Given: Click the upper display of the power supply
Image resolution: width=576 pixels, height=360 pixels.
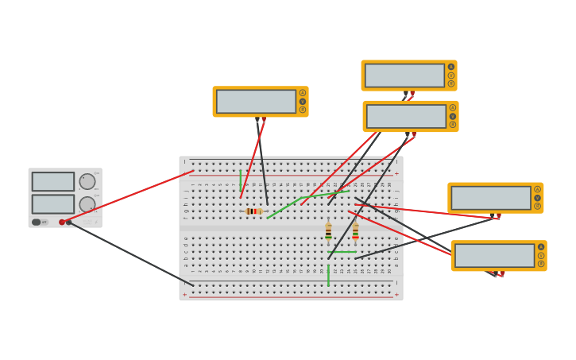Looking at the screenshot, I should click(x=53, y=181).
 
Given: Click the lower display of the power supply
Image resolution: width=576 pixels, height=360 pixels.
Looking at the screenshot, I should click(x=53, y=204).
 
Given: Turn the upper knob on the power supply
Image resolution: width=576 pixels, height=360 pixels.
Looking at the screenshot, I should click(x=87, y=181).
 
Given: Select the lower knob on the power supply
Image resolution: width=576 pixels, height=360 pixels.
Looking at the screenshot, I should click(x=87, y=204).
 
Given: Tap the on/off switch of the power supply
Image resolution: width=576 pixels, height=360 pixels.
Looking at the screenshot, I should click(x=37, y=223).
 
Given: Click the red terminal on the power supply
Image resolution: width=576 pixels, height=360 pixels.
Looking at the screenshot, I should click(x=62, y=223).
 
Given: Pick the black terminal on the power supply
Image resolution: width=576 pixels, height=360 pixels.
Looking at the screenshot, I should click(x=69, y=223).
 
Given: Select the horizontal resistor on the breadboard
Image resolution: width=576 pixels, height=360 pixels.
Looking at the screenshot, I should click(x=253, y=211).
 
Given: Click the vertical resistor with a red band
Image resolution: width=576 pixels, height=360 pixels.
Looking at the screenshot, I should click(x=355, y=232).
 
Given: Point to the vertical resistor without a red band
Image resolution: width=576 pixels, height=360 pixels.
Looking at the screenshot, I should click(x=328, y=232).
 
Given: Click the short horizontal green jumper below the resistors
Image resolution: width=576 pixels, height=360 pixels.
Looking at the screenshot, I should click(x=342, y=252).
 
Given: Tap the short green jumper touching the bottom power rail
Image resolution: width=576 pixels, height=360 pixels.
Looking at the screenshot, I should click(x=328, y=276).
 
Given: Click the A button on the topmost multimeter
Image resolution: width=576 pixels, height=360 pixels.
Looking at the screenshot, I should click(x=451, y=67).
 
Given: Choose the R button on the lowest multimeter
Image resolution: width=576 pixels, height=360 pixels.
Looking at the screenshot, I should click(x=541, y=264).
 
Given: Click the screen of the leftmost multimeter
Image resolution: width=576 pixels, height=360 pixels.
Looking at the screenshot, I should click(x=256, y=102).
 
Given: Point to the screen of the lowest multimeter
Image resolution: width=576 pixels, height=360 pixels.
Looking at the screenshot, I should click(x=494, y=255).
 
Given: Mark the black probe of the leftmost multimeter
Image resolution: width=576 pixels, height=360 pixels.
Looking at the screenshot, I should click(x=257, y=121).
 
